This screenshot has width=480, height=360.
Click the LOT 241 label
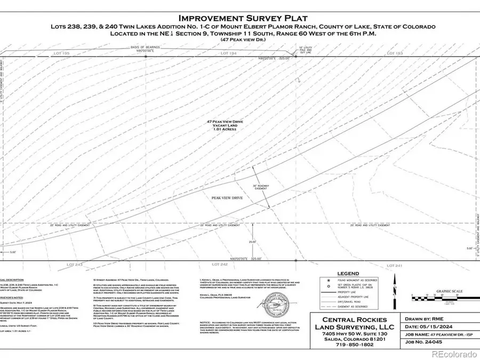(394, 265)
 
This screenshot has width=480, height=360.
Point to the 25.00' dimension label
(252, 242)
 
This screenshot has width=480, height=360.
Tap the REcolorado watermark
(453, 354)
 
